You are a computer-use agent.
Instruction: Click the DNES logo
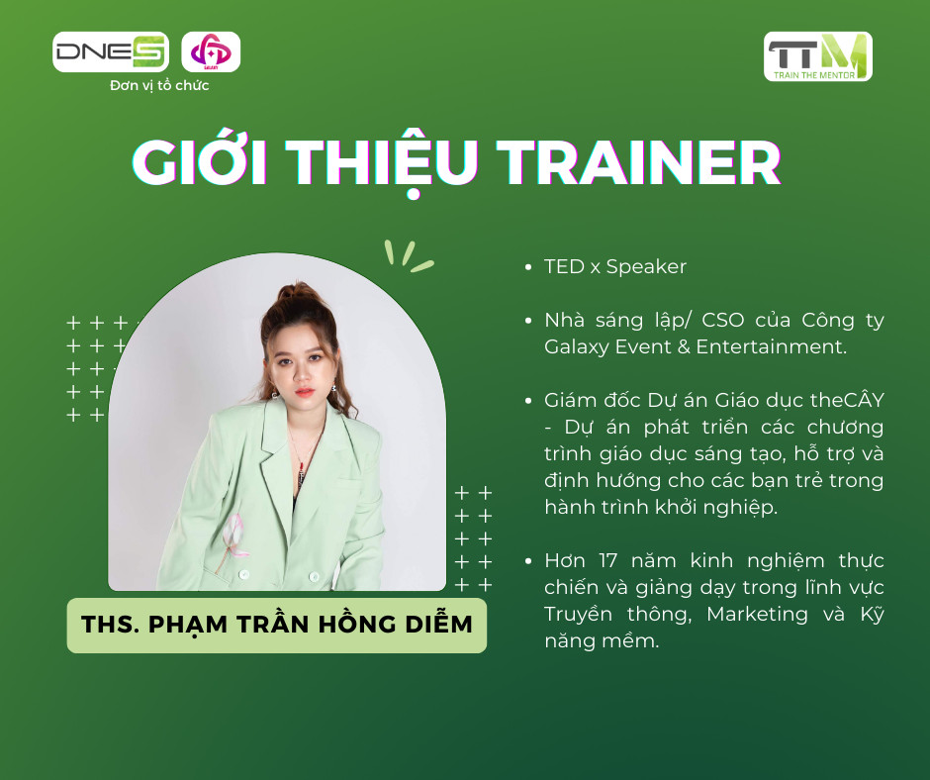click(x=111, y=52)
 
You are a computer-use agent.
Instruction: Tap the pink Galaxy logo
click(x=211, y=52)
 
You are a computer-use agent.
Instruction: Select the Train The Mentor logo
click(x=818, y=56)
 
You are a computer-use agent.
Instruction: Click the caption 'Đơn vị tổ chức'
click(x=159, y=85)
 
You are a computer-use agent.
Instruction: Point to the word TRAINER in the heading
click(x=638, y=162)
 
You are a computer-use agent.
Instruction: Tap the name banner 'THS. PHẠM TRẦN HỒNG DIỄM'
click(x=277, y=625)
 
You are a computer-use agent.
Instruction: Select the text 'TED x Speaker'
click(x=615, y=267)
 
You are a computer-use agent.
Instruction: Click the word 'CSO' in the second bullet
click(x=723, y=321)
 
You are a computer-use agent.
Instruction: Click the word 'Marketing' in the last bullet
click(x=758, y=615)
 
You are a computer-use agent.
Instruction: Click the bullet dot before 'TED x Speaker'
click(x=528, y=267)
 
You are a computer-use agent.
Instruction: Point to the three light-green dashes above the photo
click(x=408, y=256)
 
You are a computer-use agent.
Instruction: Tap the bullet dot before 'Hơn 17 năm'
click(x=528, y=561)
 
